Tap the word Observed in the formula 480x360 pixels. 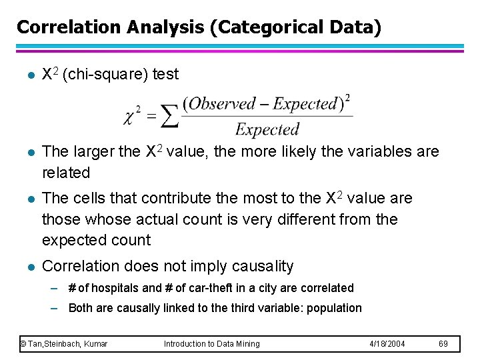(219, 104)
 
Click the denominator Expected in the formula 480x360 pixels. (267, 129)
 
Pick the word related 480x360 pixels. (65, 173)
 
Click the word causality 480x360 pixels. (262, 266)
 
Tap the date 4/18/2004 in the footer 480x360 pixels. (387, 343)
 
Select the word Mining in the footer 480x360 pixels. (245, 343)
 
